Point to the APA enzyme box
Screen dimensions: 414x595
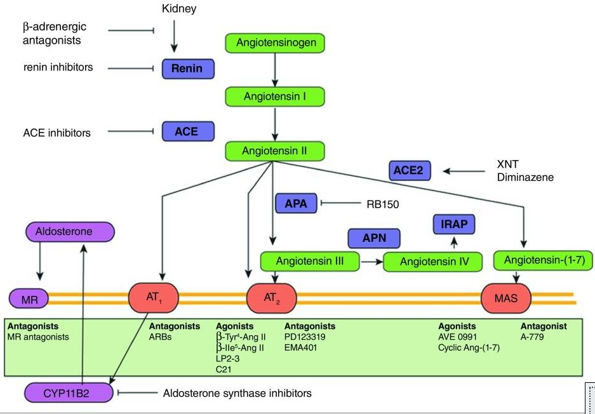(x=297, y=204)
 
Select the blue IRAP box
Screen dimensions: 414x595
(x=453, y=224)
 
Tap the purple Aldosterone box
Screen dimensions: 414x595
(x=70, y=232)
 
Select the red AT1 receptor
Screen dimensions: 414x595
(x=154, y=297)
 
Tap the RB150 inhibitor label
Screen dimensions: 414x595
(x=381, y=204)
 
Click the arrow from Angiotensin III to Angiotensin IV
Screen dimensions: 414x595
(x=371, y=260)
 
